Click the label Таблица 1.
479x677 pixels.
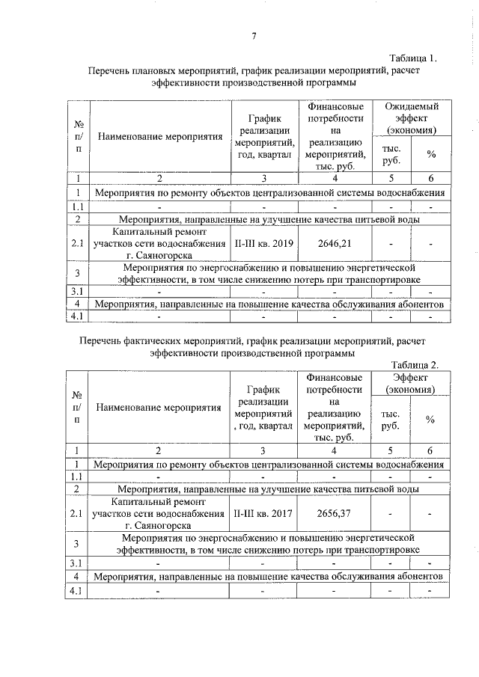pyautogui.click(x=413, y=58)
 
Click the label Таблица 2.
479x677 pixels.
pyautogui.click(x=414, y=364)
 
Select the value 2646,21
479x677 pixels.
pyautogui.click(x=334, y=244)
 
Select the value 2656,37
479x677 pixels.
pyautogui.click(x=334, y=514)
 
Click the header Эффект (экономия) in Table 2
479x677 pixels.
pyautogui.click(x=409, y=384)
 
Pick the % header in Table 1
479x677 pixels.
pyautogui.click(x=431, y=154)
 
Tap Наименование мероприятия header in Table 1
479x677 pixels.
pyautogui.click(x=159, y=138)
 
